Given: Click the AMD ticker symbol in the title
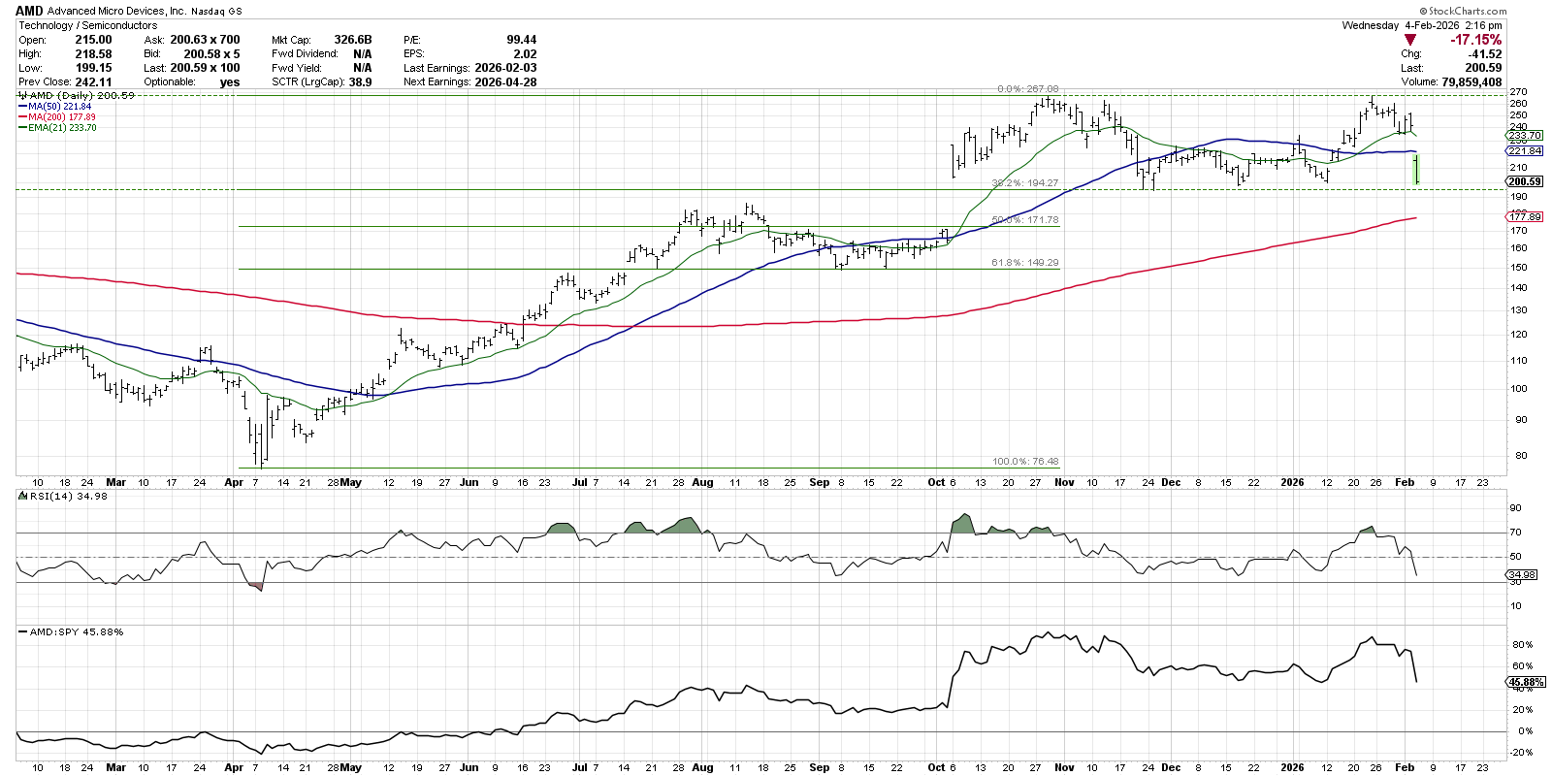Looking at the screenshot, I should click(29, 11).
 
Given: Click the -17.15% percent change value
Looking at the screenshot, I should click(1475, 40).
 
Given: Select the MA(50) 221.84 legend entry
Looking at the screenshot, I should click(59, 107).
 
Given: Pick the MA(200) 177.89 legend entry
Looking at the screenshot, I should click(62, 117).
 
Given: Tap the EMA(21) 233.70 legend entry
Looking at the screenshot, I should click(62, 128).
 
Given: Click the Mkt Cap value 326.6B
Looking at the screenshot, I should click(353, 40).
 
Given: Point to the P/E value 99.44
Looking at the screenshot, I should click(521, 40).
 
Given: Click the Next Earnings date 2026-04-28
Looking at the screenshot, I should click(505, 82).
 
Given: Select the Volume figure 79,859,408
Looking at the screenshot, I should click(1465, 82).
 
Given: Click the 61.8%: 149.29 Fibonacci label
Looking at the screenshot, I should click(1024, 263).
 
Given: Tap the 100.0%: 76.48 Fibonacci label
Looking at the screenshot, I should click(1024, 462).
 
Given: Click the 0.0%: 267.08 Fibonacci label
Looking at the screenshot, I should click(1027, 89).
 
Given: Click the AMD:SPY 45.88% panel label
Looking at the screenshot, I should click(76, 631).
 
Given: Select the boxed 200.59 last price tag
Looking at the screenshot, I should click(1524, 181).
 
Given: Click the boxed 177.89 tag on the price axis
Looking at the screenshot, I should click(1525, 217).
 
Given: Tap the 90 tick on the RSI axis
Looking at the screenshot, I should click(1515, 508).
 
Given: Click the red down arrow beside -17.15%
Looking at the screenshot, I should click(1409, 40).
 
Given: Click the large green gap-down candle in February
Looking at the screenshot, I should click(1417, 169).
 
